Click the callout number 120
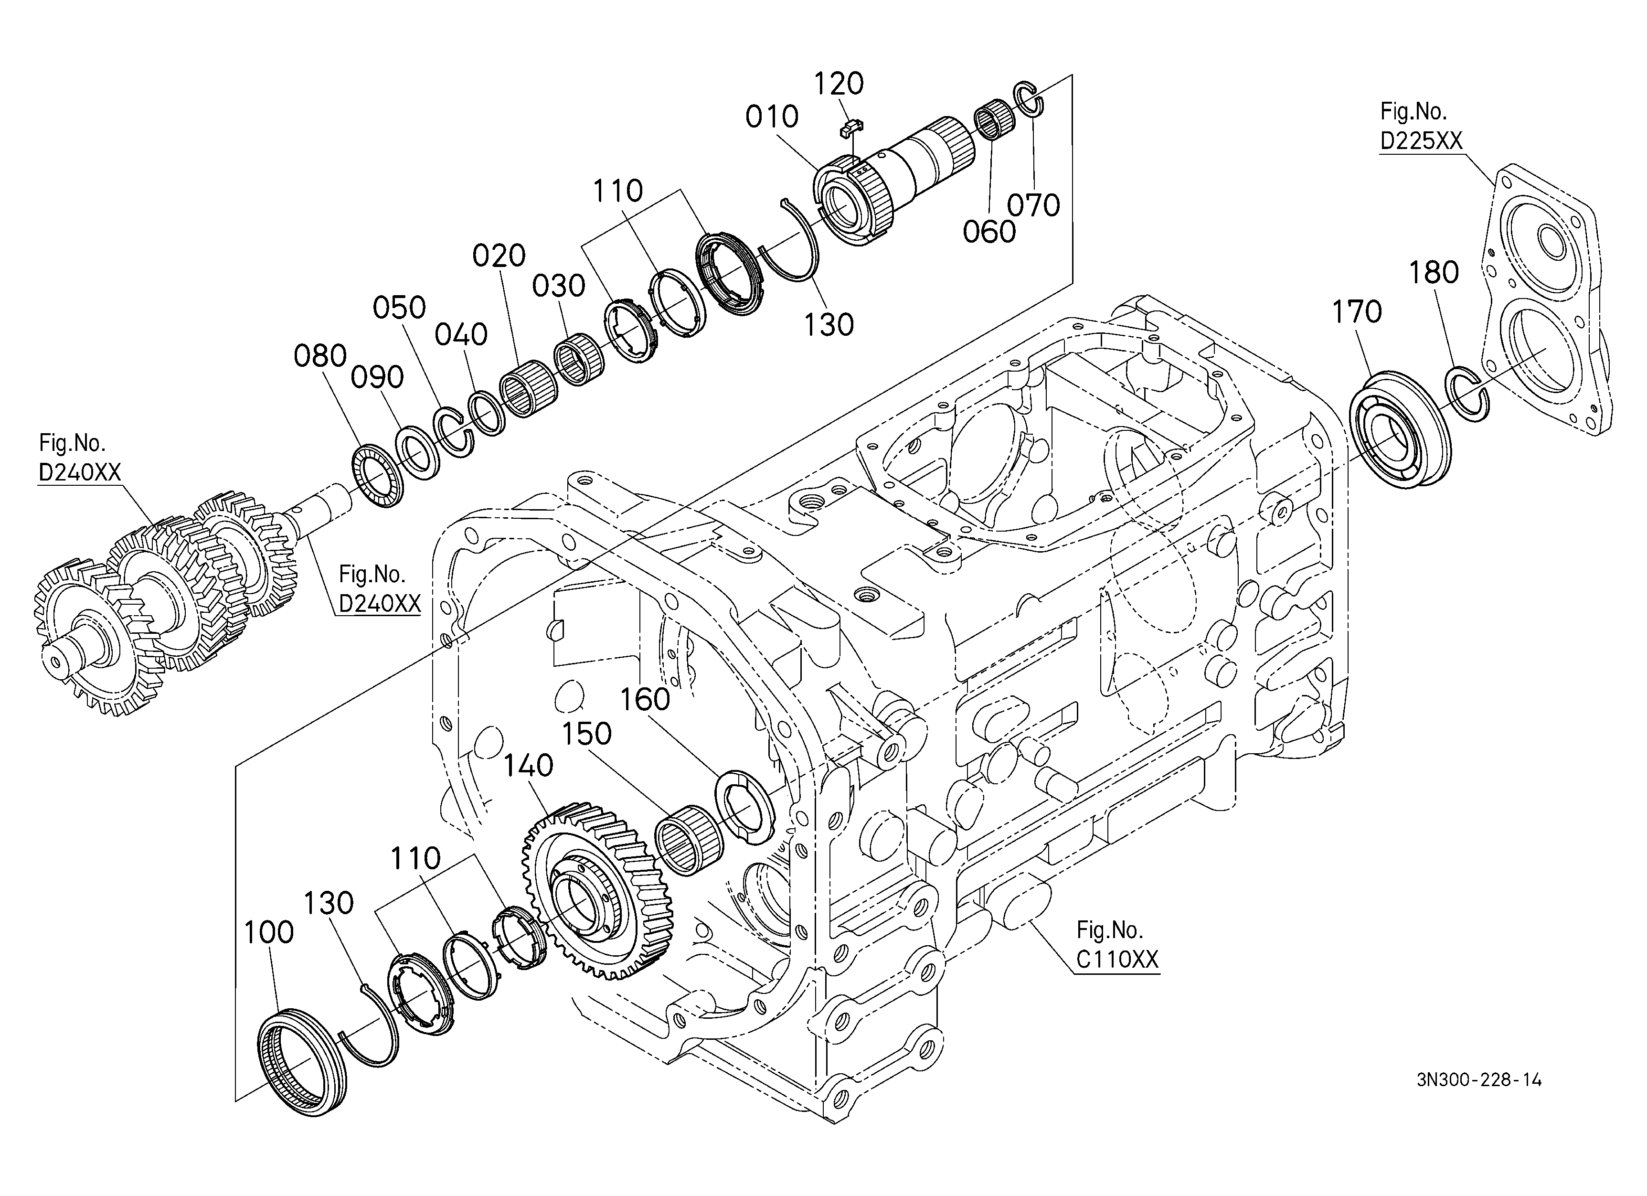click(x=839, y=84)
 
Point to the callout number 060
click(x=989, y=233)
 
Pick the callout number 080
click(x=320, y=356)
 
